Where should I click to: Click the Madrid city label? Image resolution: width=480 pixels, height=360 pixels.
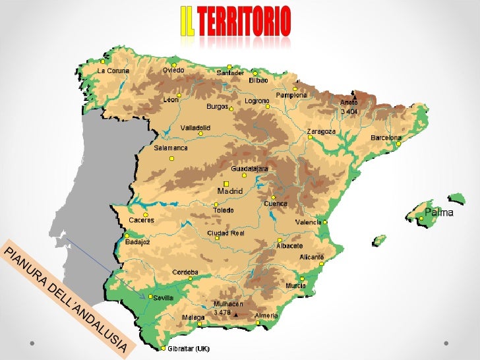tap(230, 191)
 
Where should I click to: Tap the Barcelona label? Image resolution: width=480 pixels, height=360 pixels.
tap(386, 138)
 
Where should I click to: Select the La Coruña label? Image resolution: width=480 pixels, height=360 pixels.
tap(113, 71)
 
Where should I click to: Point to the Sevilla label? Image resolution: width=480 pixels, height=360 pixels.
tap(163, 298)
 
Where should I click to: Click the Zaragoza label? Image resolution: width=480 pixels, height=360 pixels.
tap(321, 131)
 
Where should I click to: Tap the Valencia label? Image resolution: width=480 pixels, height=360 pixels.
tap(308, 222)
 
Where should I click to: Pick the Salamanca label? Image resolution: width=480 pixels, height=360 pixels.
tap(171, 148)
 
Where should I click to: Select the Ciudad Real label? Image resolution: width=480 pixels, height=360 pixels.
tap(225, 233)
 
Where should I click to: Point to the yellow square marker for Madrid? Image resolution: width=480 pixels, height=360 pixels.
tap(225, 183)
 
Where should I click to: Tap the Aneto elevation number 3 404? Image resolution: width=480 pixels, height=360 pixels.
tap(349, 111)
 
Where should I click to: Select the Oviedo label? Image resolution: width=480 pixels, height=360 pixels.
tap(173, 70)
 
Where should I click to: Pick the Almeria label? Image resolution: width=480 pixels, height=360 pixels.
tap(266, 316)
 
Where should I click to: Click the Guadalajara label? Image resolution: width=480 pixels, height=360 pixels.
tap(249, 168)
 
